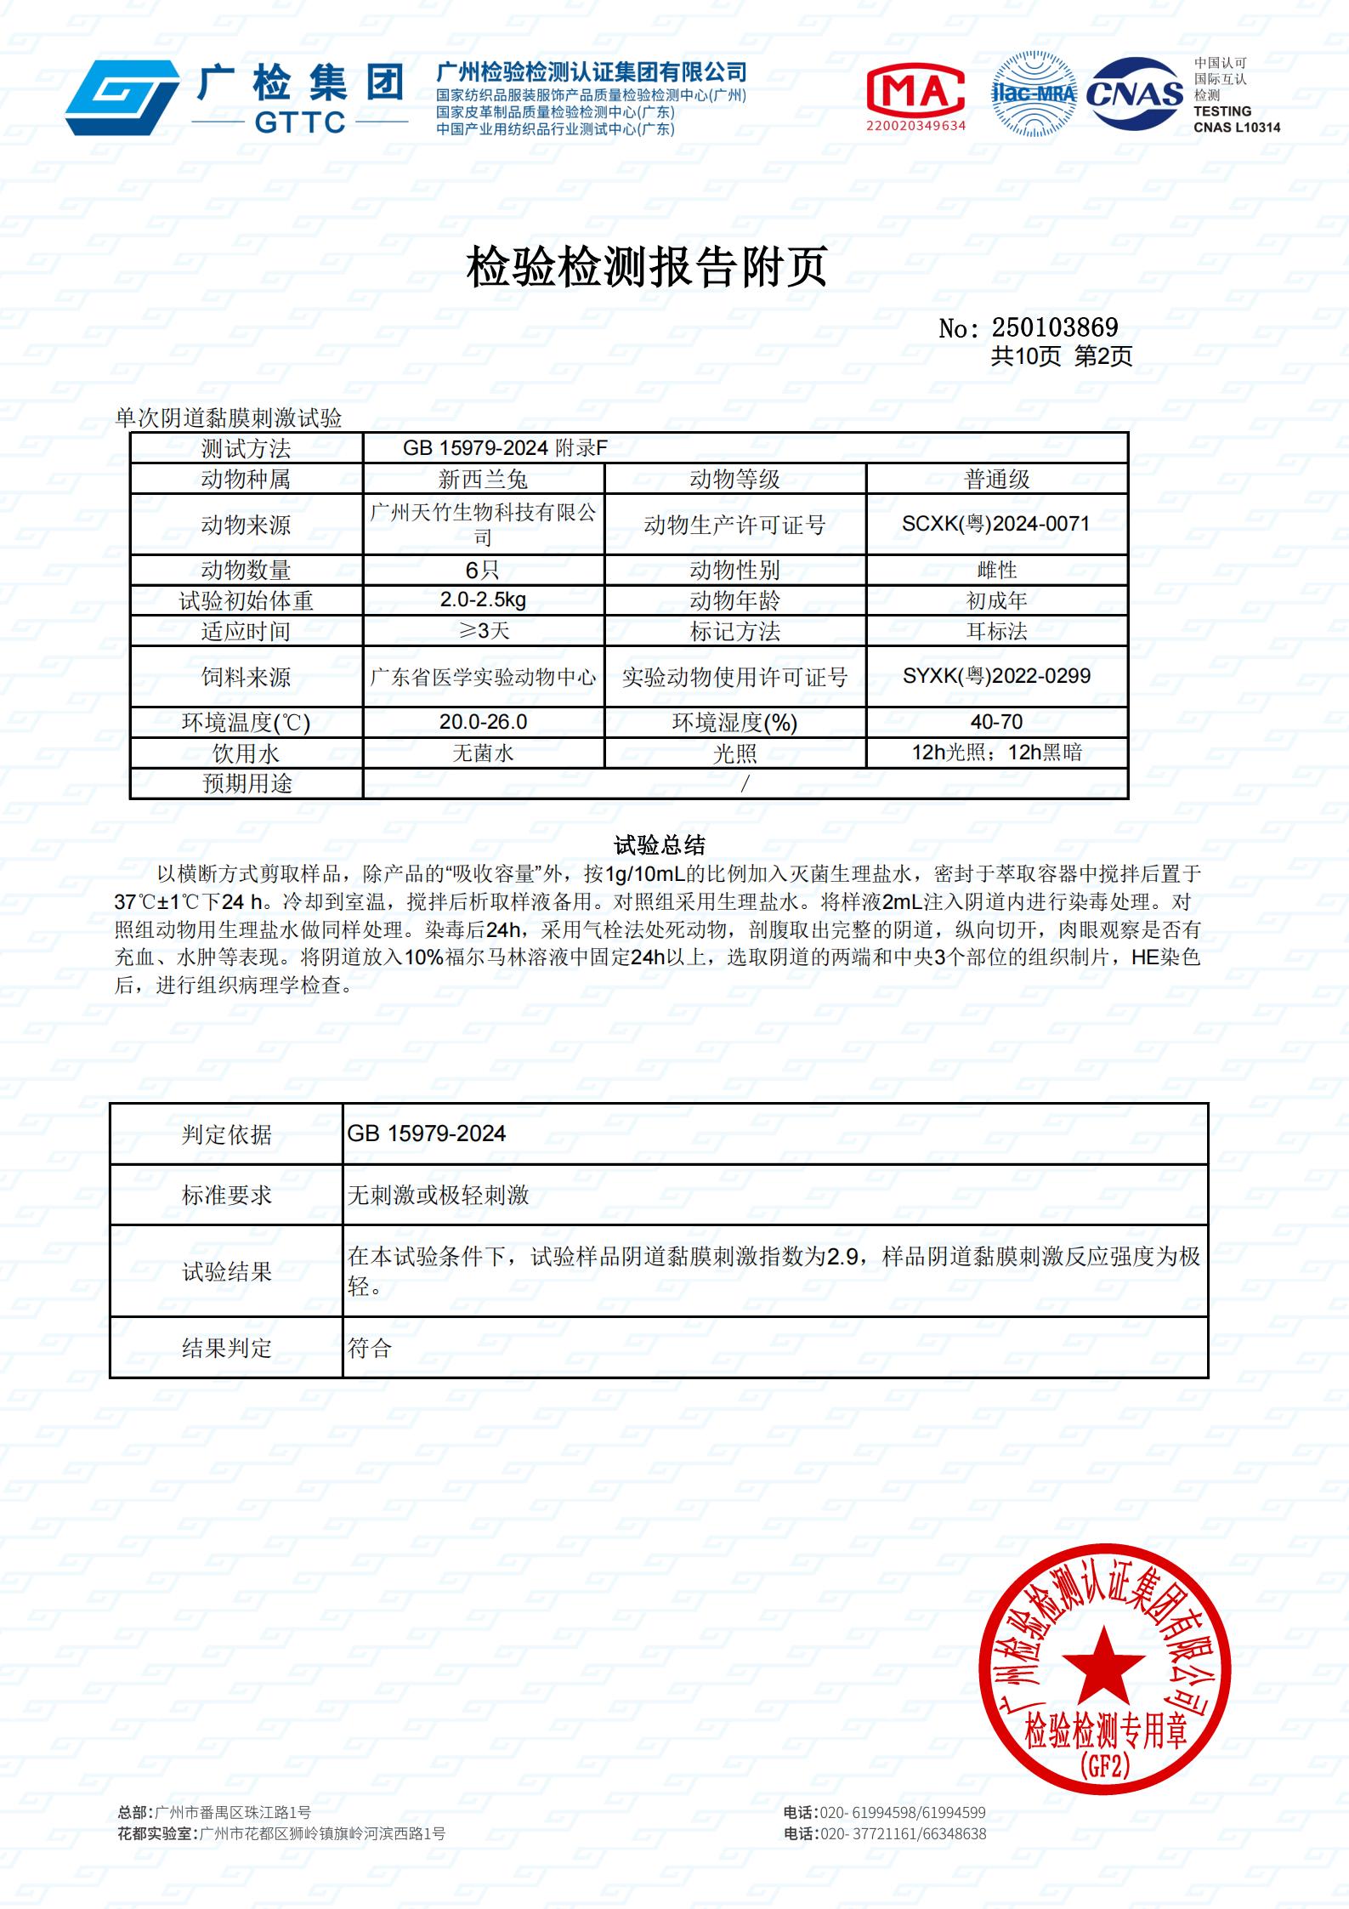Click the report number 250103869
tap(1054, 327)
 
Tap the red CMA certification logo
tap(915, 89)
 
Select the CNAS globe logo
tap(1136, 94)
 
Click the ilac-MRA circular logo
tap(1034, 94)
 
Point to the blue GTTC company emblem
tap(122, 98)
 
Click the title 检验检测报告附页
tap(646, 268)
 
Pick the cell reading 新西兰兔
tap(483, 480)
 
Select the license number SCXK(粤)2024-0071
tap(995, 524)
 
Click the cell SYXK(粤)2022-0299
tap(996, 676)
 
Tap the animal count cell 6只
tap(483, 570)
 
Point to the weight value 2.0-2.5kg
tap(483, 599)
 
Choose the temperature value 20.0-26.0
tap(483, 722)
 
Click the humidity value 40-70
tap(996, 722)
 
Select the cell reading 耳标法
tap(996, 631)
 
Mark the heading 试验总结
tap(660, 844)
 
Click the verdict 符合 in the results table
tap(370, 1348)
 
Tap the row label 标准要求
tap(226, 1195)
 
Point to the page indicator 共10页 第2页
tap(1061, 356)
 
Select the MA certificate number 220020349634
tap(915, 126)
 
